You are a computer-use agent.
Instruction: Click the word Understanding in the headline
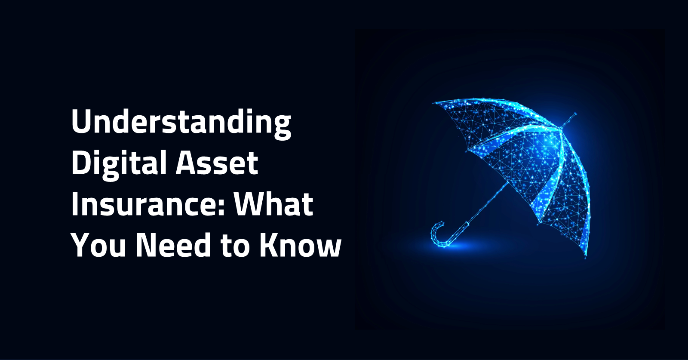(x=181, y=123)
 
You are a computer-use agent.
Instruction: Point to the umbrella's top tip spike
(x=569, y=120)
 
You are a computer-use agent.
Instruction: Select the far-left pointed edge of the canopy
(x=433, y=103)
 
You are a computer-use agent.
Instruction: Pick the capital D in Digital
(x=81, y=163)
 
